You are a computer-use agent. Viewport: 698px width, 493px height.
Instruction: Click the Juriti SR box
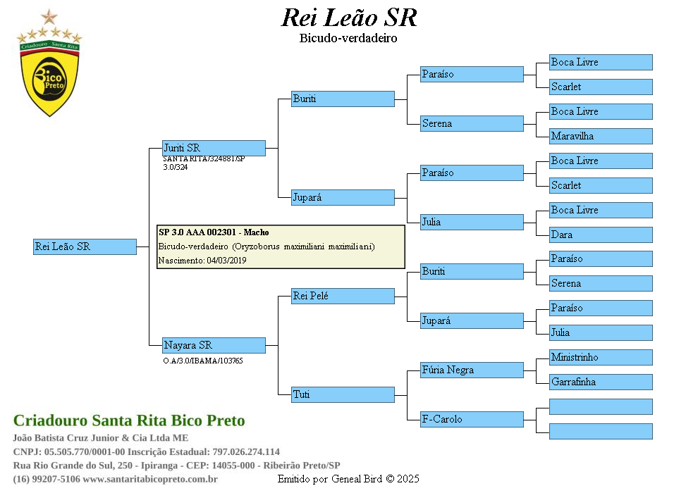pos(214,148)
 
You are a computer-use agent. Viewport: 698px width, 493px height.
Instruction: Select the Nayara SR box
pos(214,345)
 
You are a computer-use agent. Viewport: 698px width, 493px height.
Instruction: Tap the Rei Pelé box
pos(343,296)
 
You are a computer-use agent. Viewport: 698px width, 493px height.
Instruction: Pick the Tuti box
pos(343,395)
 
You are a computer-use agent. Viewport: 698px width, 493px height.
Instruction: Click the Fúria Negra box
pos(472,370)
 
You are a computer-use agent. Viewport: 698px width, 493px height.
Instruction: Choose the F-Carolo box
pos(472,419)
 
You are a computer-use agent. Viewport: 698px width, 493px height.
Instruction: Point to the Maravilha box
pos(601,136)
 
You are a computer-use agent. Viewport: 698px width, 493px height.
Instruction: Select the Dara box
pos(601,235)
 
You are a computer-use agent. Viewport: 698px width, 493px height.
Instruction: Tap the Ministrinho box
pos(601,357)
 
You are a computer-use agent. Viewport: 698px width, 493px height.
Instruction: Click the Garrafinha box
pos(601,382)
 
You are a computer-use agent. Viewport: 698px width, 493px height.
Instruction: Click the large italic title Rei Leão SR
pos(349,18)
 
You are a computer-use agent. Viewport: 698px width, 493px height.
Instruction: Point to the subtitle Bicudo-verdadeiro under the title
pos(348,38)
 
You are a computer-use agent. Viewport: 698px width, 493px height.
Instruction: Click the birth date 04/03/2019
pos(226,261)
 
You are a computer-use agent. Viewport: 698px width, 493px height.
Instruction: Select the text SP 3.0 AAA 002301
pos(197,232)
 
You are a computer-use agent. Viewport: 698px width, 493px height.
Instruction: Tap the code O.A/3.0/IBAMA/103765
pos(203,361)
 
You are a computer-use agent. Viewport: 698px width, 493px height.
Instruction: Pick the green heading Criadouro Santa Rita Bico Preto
pos(129,420)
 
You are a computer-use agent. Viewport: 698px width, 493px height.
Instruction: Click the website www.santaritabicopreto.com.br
pos(150,479)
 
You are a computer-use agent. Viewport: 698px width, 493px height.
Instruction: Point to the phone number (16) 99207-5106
pos(47,479)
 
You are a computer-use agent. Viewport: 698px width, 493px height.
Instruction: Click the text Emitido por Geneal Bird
pos(330,479)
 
